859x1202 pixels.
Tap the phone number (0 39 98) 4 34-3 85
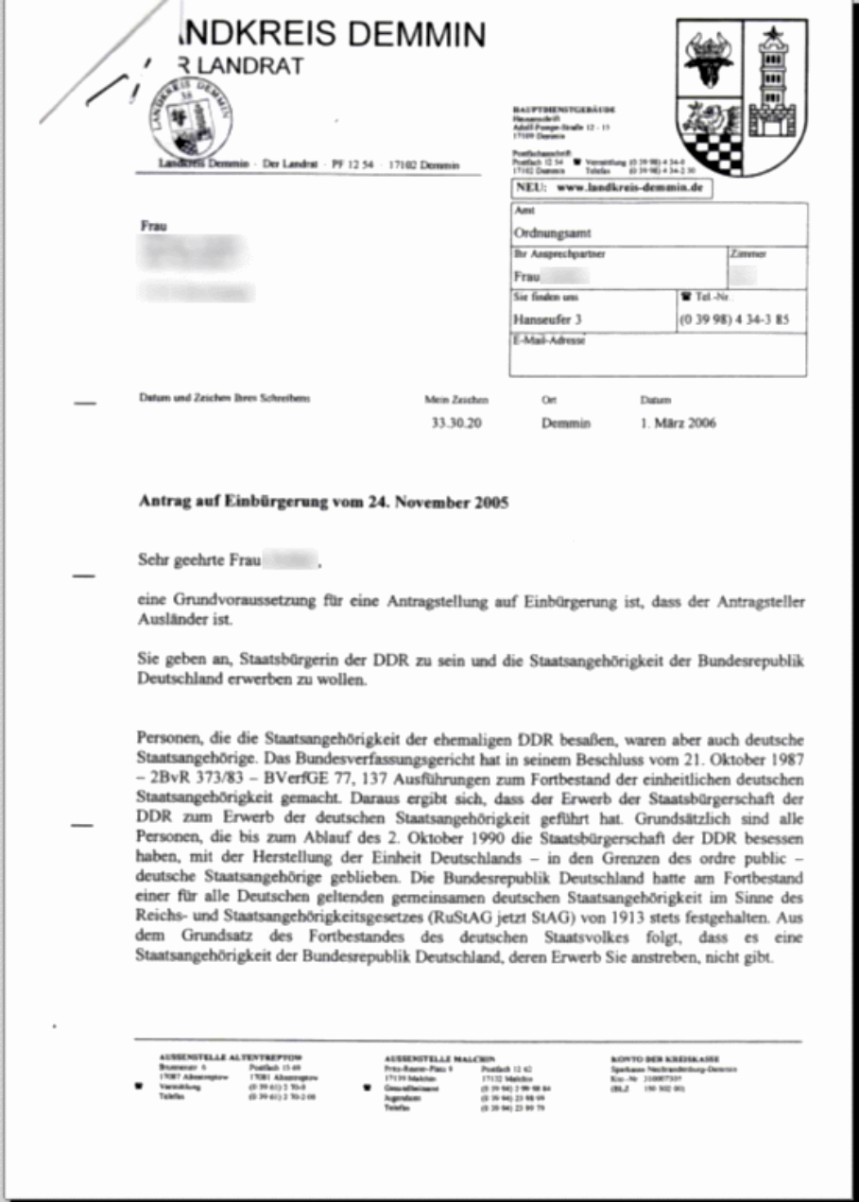[x=734, y=319]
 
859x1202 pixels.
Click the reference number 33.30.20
[x=456, y=424]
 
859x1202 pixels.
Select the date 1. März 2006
[x=678, y=423]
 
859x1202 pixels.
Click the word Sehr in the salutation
[x=153, y=562]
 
